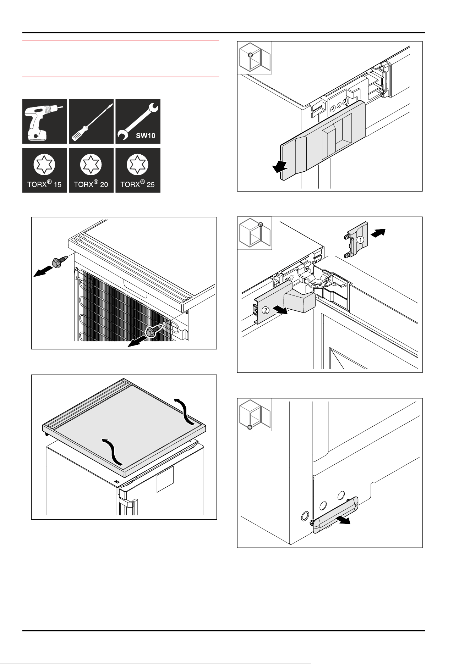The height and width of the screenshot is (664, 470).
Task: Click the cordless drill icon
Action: pos(45,121)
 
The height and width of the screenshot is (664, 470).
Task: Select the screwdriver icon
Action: pos(91,121)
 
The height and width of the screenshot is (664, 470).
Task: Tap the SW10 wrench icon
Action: pos(138,121)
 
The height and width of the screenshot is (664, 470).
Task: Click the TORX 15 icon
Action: pos(45,170)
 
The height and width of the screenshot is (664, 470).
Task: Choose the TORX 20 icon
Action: pos(91,170)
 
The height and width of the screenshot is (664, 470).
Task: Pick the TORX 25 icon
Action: pos(138,170)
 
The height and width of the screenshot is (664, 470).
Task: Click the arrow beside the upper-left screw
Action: pos(42,272)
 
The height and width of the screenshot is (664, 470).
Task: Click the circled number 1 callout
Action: pos(360,240)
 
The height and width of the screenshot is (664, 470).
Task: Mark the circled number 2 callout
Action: pos(265,310)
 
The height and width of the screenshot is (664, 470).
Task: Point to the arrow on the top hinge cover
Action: pos(280,166)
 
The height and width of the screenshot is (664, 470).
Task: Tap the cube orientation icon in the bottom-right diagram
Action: pos(255,415)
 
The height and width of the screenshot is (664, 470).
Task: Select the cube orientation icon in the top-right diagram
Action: pos(255,58)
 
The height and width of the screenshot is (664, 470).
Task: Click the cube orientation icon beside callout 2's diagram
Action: pos(255,233)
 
